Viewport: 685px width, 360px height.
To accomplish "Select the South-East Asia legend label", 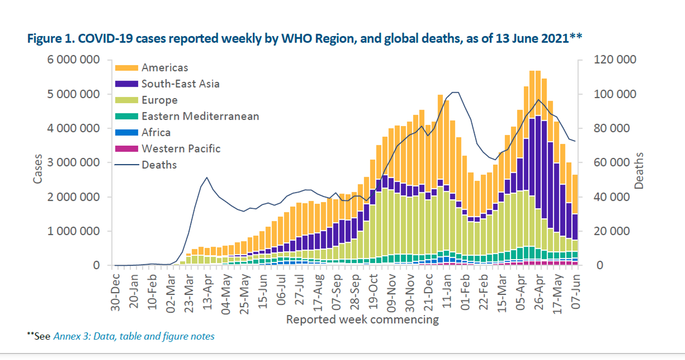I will pos(180,84).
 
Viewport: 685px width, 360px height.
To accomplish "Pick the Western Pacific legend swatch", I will pos(126,149).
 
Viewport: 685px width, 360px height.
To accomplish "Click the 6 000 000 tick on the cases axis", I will pos(73,60).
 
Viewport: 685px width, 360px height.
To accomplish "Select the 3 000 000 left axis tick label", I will pos(73,162).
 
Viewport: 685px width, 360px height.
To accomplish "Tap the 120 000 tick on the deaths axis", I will pos(615,60).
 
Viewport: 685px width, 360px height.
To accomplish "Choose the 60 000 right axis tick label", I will pos(612,162).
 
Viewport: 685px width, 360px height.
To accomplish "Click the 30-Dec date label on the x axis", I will pos(116,292).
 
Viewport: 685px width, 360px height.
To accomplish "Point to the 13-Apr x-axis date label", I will pos(208,292).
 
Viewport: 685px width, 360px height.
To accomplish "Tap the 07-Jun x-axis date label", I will pos(576,292).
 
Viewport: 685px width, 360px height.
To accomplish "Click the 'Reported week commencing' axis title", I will pos(362,319).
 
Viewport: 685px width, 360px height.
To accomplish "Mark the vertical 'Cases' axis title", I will pos(38,169).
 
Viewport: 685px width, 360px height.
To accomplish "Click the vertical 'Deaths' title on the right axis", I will pos(639,171).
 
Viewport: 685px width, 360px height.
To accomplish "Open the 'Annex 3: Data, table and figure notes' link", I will pos(134,336).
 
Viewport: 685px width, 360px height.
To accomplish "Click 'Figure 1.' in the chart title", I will pos(51,38).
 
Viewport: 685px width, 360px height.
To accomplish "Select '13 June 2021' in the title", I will pos(532,38).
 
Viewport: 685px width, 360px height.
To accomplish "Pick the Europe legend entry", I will pos(159,100).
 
